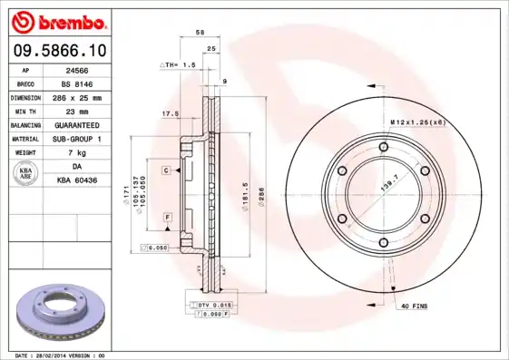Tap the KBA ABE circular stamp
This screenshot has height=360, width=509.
coord(25,173)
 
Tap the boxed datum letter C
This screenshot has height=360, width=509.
coord(168,170)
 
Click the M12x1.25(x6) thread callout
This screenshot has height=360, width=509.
coord(417,122)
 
